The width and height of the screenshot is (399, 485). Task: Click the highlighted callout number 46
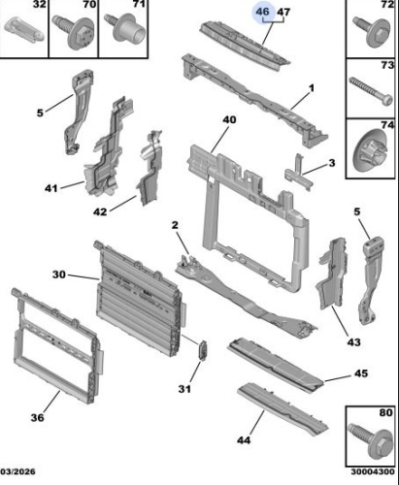(262, 12)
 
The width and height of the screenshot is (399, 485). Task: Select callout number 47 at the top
(283, 13)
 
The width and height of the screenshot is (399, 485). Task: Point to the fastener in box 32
(23, 30)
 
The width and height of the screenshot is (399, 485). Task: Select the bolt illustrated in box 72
(372, 31)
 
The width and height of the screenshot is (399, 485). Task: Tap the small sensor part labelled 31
(203, 350)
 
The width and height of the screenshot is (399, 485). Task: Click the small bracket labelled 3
(299, 173)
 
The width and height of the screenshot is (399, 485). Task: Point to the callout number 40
(229, 120)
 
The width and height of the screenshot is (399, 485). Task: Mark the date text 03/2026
(17, 471)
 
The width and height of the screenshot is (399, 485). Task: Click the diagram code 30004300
(373, 471)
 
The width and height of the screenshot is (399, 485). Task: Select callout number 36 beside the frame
(37, 417)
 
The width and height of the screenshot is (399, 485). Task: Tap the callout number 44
(244, 440)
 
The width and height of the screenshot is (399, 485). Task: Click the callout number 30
(59, 275)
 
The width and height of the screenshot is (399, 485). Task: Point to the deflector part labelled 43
(331, 274)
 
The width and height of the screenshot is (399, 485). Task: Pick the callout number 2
(175, 225)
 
